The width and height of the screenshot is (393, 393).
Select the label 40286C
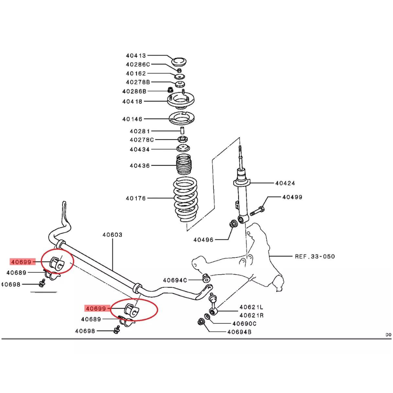point(138,64)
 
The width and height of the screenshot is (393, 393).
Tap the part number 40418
point(132,101)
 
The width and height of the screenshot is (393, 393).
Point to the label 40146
point(132,119)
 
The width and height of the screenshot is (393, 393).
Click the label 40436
point(140,165)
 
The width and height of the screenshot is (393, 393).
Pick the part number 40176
point(136,198)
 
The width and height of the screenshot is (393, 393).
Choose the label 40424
point(285,183)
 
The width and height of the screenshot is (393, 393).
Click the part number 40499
point(292,197)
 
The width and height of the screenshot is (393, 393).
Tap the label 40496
point(203,239)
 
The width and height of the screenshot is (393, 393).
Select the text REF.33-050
point(315,257)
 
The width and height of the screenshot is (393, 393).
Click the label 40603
point(112,235)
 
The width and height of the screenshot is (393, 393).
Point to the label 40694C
point(175,280)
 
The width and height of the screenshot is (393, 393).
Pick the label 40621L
point(252,307)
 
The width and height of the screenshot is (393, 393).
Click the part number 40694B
point(239,332)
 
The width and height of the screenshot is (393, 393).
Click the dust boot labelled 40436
point(185,165)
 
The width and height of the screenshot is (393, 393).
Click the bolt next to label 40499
point(257,210)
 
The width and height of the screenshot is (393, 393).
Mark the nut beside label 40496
point(233,224)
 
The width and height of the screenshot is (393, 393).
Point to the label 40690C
point(244,323)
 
